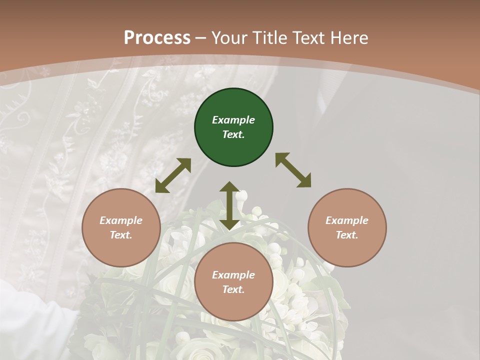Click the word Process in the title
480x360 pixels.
pyautogui.click(x=157, y=37)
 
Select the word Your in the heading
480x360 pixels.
pyautogui.click(x=229, y=37)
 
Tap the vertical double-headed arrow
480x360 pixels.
pyautogui.click(x=229, y=205)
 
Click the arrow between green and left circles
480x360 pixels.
pyautogui.click(x=173, y=175)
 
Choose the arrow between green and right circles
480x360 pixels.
pyautogui.click(x=293, y=170)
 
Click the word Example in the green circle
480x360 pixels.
pyautogui.click(x=233, y=120)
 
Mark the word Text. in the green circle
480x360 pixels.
pyautogui.click(x=233, y=134)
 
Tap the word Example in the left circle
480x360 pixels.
pyautogui.click(x=121, y=220)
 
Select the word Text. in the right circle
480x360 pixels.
pyautogui.click(x=347, y=235)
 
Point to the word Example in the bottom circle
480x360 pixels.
pyautogui.click(x=233, y=275)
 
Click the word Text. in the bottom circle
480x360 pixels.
pyautogui.click(x=233, y=289)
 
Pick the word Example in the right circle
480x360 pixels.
pyautogui.click(x=347, y=220)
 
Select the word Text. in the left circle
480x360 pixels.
pyautogui.click(x=121, y=235)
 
